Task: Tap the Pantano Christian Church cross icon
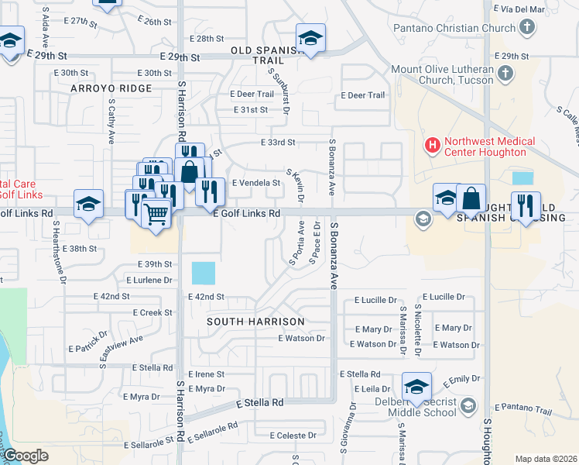[526, 29]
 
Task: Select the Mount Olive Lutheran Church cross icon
[505, 74]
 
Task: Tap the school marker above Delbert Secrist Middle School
[416, 387]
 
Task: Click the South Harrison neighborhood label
[255, 320]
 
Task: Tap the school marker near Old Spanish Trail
[310, 38]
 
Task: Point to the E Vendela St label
[255, 183]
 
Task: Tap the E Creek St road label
[152, 312]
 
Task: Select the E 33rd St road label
[279, 143]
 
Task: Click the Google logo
[26, 456]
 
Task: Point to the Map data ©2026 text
[546, 459]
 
